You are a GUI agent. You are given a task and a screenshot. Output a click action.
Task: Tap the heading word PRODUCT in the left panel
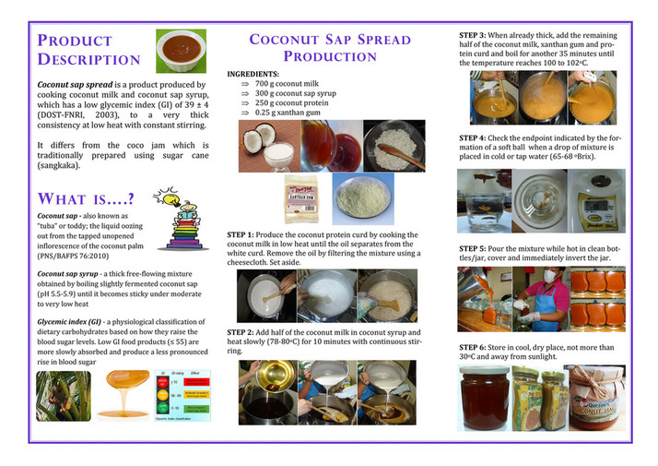76,41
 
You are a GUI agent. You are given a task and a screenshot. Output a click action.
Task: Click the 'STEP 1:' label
244,235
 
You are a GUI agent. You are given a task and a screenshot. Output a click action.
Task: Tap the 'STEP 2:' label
244,331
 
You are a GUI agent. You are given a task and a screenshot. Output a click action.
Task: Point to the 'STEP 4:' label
476,138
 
